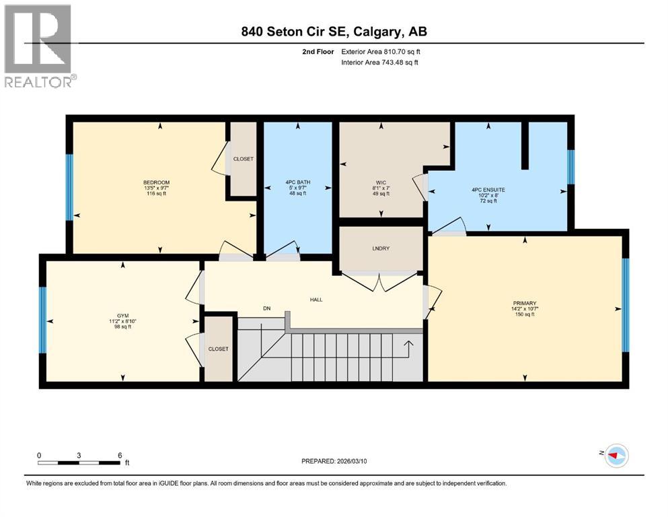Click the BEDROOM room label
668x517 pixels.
coord(155,182)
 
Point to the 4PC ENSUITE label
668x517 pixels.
coord(488,190)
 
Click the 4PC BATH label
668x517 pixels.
coord(296,182)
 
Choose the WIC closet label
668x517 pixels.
coord(380,182)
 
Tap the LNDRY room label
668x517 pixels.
coord(380,248)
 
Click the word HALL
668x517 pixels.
coord(316,300)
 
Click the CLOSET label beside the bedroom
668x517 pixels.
coord(243,159)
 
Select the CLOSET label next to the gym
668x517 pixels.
coord(218,349)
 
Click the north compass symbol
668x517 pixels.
coord(614,456)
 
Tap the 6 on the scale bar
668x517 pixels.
coord(119,455)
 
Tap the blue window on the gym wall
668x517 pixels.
coord(42,320)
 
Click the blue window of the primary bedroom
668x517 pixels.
coord(625,305)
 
